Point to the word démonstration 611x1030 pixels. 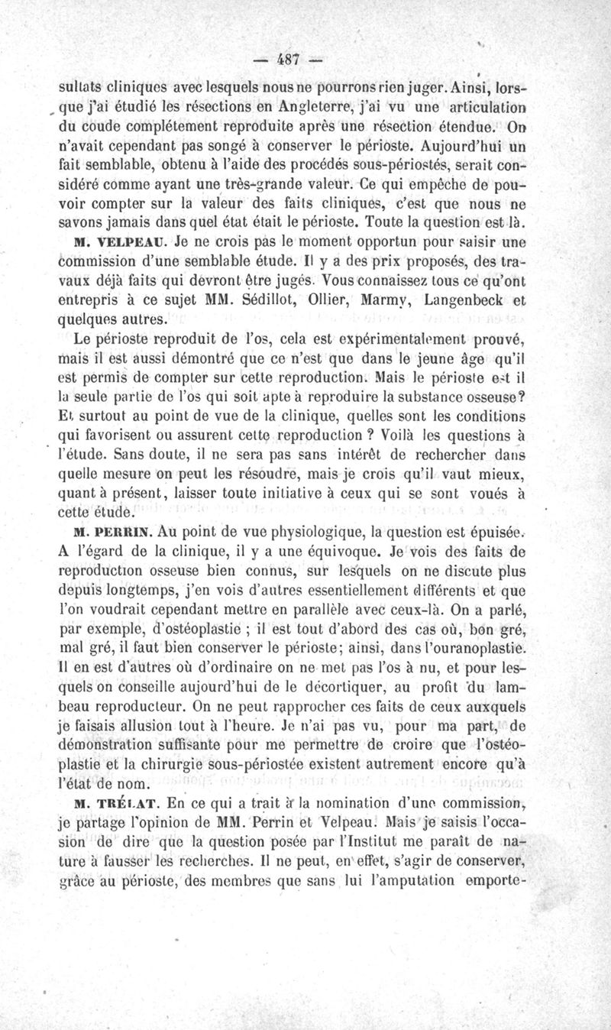point(115,743)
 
